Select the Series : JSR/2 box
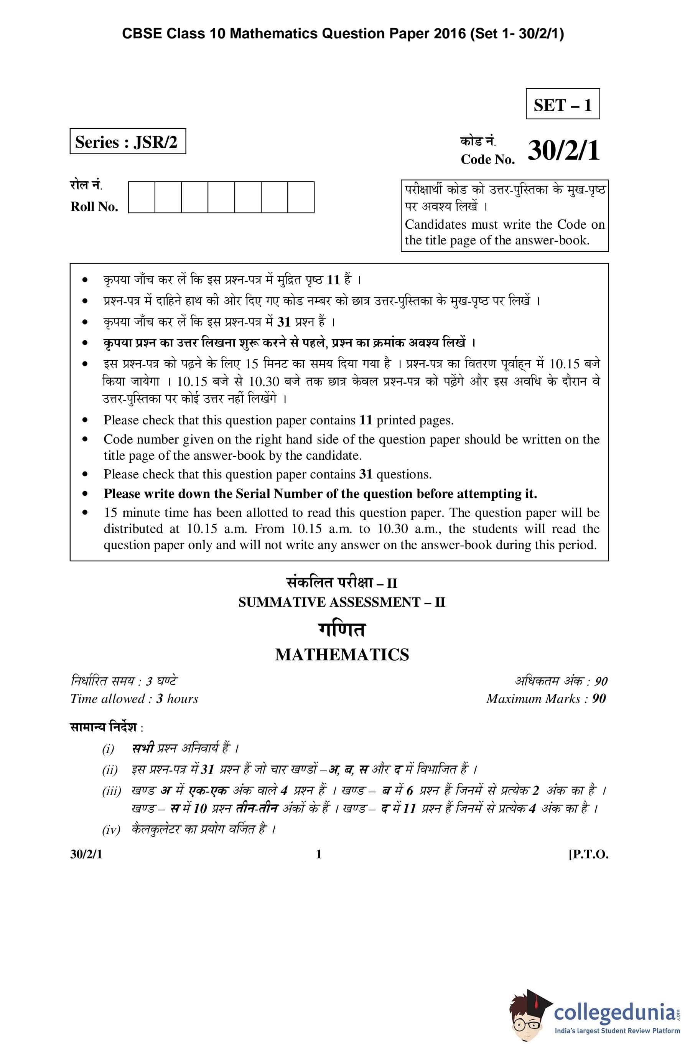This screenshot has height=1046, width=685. [x=127, y=142]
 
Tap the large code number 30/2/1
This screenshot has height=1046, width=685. [x=563, y=151]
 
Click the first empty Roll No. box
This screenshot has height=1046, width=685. [x=142, y=197]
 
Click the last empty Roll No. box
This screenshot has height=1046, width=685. [x=301, y=197]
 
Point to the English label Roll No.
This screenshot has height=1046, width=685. [x=94, y=206]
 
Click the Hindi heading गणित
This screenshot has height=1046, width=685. [x=342, y=629]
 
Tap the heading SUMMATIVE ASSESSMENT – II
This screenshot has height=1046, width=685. [x=342, y=602]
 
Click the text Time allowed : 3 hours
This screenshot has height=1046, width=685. [x=134, y=699]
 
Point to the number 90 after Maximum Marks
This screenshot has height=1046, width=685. [x=598, y=699]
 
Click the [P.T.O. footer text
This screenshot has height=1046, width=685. [x=588, y=855]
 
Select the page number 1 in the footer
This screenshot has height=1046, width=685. [x=319, y=855]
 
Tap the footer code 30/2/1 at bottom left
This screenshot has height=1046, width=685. [x=86, y=855]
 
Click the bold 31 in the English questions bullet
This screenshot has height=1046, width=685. [x=366, y=475]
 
